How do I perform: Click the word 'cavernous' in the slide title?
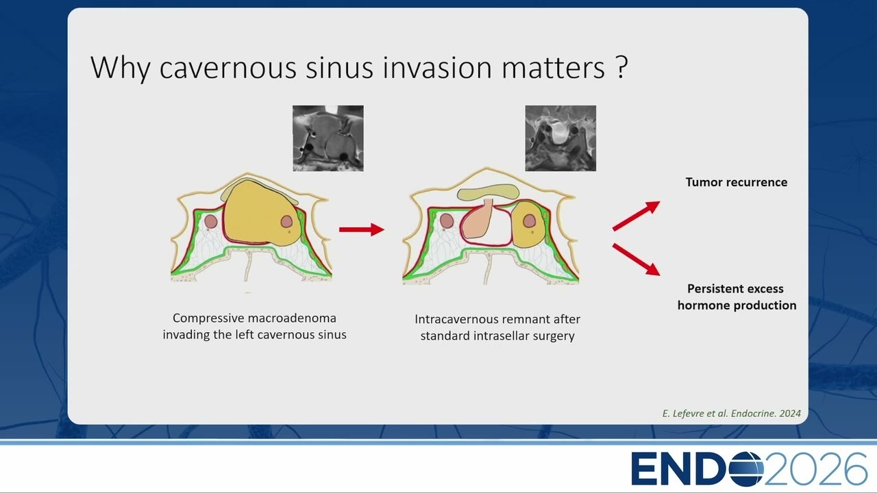coord(227,68)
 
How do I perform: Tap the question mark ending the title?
coord(621,66)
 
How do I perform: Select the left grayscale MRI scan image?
coord(328,138)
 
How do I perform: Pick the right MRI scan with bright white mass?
coord(560,138)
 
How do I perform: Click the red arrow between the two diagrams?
coord(362,229)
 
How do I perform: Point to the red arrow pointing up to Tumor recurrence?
coord(637,216)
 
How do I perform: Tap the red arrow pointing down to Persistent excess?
coord(637,260)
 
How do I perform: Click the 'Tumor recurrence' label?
coord(737,182)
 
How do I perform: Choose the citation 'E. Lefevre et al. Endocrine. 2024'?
coord(731,414)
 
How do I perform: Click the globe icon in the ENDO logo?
coord(746,468)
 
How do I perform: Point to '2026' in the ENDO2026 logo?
coord(815,468)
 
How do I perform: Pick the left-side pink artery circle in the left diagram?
coord(210,221)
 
